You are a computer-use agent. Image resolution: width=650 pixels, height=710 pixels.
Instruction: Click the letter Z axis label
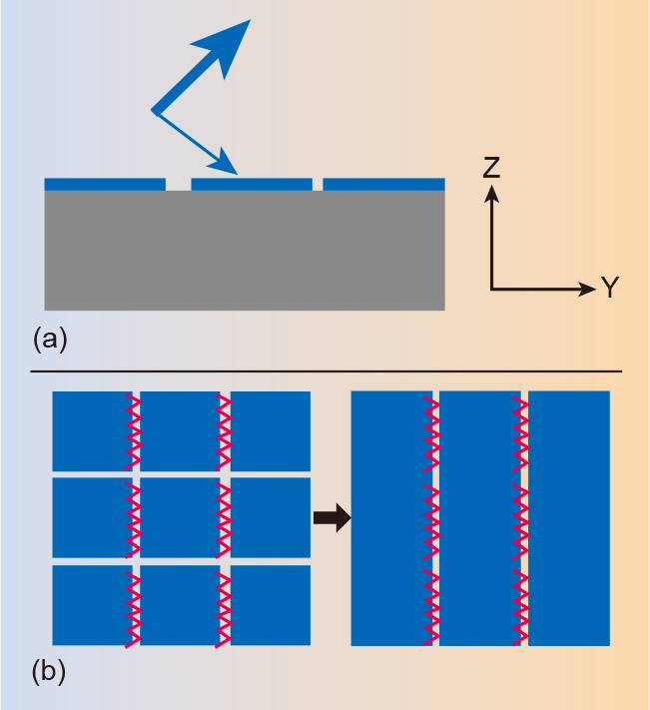(x=491, y=167)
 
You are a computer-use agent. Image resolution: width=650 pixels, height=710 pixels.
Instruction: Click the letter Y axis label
(x=610, y=287)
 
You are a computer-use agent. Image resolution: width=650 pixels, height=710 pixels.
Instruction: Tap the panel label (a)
(x=50, y=340)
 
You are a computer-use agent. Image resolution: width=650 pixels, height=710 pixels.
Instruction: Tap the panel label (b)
(x=49, y=672)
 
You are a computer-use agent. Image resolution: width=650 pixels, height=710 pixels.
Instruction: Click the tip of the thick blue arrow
(x=251, y=19)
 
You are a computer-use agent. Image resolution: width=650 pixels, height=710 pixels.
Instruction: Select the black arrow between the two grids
(x=332, y=517)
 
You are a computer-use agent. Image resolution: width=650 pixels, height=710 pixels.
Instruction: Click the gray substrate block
(x=245, y=250)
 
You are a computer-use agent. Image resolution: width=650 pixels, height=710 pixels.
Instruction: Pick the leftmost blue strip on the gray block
(x=105, y=185)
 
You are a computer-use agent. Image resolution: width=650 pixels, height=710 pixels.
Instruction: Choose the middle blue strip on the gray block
(x=252, y=185)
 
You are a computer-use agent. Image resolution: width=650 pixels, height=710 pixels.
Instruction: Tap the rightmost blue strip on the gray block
(x=383, y=185)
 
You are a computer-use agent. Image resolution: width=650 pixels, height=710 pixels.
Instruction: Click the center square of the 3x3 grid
(x=180, y=517)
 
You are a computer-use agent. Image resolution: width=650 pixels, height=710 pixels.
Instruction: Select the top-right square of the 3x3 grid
(x=271, y=431)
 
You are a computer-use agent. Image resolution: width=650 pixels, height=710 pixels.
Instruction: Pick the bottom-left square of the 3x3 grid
(x=92, y=605)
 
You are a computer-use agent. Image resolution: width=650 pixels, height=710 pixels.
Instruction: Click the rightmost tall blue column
(x=569, y=518)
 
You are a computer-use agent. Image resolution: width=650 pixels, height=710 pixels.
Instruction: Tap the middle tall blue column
(x=480, y=518)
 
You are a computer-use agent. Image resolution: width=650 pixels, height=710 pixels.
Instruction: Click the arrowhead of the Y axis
(x=596, y=289)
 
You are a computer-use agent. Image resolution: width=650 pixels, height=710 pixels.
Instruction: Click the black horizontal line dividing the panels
(x=325, y=371)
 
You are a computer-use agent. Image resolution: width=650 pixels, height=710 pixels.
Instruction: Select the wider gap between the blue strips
(x=179, y=185)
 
